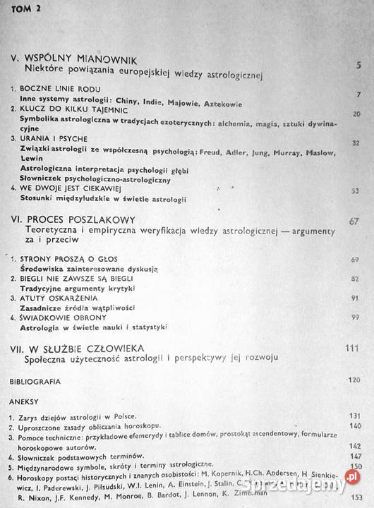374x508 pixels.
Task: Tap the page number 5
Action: tap(359, 67)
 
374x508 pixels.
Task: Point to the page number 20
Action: tap(357, 114)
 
